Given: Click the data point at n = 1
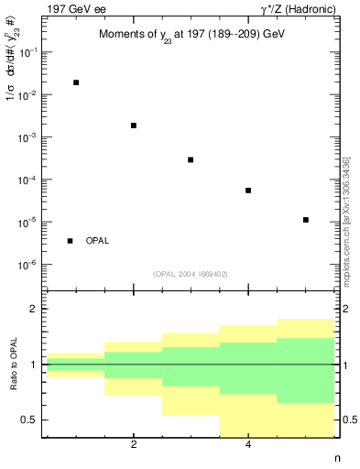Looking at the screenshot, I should pos(76,82).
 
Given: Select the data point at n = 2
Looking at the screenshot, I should pos(134,125).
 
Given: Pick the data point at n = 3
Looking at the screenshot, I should pos(191,159).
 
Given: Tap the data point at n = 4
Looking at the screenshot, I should pos(248,191).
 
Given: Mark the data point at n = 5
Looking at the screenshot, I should pos(305,220).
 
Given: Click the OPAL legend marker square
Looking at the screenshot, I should pos(70,241).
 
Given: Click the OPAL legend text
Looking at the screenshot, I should pos(97,241).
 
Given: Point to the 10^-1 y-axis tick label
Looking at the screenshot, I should pos(27,52).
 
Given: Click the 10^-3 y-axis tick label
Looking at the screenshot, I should pos(27,137).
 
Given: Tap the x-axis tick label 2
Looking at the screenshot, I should pos(134,445).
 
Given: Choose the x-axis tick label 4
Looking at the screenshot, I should pos(248,445).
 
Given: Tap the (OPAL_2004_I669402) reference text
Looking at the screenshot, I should pos(190,273).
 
